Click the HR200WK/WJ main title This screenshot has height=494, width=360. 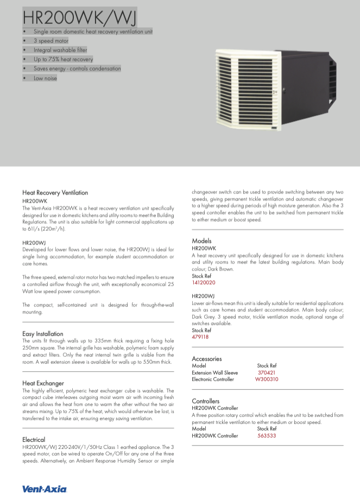[79, 16]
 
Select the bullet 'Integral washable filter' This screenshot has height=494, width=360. [60, 49]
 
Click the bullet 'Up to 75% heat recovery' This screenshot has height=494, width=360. [63, 59]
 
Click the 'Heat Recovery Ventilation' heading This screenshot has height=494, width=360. [55, 192]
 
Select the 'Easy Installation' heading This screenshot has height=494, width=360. [42, 333]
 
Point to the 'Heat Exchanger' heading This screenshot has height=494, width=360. [43, 383]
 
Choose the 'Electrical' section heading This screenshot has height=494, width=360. [33, 439]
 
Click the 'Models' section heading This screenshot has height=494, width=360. [201, 240]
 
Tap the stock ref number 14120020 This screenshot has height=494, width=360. [204, 283]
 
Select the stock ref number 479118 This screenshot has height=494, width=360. [200, 337]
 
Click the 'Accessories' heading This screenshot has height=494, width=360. [206, 358]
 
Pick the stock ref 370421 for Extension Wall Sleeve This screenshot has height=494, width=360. [267, 373]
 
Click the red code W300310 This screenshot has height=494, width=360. [267, 379]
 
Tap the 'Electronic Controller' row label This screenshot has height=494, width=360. [213, 379]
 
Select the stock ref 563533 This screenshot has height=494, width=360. [267, 435]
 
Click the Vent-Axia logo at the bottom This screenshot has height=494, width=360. [45, 489]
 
